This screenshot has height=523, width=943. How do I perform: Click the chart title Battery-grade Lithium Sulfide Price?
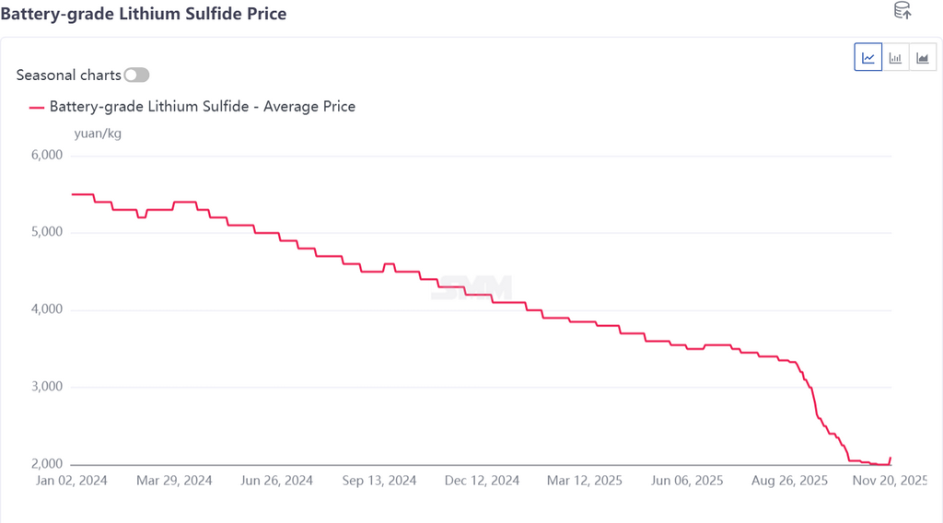pos(143,14)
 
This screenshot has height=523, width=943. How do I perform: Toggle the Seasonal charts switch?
pos(136,75)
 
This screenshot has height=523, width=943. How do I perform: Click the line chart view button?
pos(868,57)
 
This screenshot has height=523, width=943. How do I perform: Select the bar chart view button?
pos(895,57)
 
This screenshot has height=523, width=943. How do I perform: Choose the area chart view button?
pos(922,57)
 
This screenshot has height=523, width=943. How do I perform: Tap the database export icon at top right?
pos(902,11)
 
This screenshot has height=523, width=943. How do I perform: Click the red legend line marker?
pos(37,107)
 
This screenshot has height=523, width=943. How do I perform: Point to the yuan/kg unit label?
pos(98,134)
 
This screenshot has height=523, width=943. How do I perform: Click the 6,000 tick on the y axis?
pos(46,155)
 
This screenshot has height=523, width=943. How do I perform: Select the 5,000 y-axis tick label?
pos(46,232)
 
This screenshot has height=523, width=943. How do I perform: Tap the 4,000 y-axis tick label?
pos(46,309)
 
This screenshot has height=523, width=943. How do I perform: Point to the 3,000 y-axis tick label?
pos(46,387)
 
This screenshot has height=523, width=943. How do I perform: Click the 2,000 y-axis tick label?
pos(46,464)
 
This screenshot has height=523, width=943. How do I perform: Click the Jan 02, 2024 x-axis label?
pos(72,481)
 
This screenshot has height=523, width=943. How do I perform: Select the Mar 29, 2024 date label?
pos(174,481)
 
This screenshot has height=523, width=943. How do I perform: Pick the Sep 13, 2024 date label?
pos(378,481)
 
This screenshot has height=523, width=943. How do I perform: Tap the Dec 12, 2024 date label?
pos(482,481)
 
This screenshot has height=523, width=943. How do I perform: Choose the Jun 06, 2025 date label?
pos(686,481)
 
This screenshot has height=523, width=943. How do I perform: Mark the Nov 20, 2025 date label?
pos(889,481)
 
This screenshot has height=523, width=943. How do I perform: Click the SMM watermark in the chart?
pos(473,287)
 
